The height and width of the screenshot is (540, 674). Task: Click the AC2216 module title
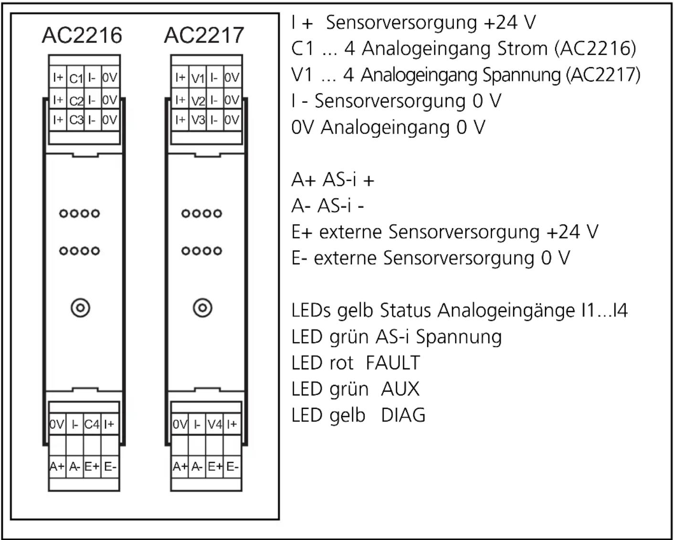point(82,35)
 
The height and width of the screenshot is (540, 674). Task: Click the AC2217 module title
point(204,35)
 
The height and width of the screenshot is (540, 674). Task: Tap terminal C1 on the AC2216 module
point(76,78)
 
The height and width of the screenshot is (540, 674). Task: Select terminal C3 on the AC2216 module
point(76,120)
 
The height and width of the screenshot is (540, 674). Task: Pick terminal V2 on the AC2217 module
point(198,100)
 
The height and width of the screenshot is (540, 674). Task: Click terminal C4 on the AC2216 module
point(92,424)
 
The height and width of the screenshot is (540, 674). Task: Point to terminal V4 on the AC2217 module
point(215,424)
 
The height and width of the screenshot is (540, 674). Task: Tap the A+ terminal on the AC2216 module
point(57,467)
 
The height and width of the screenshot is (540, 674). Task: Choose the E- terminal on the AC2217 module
point(232,467)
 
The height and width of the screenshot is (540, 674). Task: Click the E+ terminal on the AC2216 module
point(92,467)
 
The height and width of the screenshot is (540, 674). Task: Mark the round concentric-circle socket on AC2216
point(80,308)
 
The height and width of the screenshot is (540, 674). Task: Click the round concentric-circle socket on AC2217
point(202,308)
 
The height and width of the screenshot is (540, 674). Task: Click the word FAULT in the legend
point(392,363)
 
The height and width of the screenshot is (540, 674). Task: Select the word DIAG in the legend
point(403,415)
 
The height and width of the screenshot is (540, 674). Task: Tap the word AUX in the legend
point(400,389)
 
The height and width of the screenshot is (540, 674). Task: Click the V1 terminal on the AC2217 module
point(198,78)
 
